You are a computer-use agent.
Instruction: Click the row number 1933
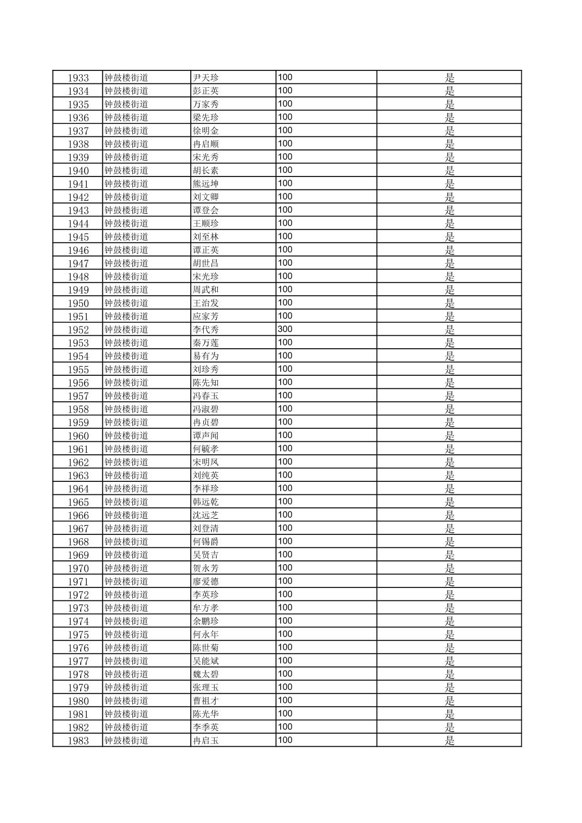tap(78, 78)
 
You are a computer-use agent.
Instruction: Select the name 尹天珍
tap(206, 78)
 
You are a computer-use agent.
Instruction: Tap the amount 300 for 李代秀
tap(285, 329)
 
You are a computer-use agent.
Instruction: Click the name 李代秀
tap(206, 330)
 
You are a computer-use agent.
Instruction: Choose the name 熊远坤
tap(206, 184)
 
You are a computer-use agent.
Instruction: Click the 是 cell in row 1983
tap(449, 741)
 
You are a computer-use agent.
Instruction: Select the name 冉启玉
tap(206, 741)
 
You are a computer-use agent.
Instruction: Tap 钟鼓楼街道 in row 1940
tap(126, 171)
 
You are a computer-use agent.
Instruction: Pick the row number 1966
tap(78, 515)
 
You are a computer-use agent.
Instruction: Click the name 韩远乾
tap(206, 502)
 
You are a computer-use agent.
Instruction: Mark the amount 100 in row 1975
tap(285, 634)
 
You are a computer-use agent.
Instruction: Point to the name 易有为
tap(206, 356)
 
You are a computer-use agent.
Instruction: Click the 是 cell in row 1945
tap(449, 237)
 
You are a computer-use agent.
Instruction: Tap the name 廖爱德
tap(206, 582)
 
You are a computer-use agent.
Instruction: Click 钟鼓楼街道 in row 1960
tap(126, 436)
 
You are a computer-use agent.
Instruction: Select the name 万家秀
tap(206, 104)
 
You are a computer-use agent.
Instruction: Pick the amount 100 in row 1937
tap(285, 130)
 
